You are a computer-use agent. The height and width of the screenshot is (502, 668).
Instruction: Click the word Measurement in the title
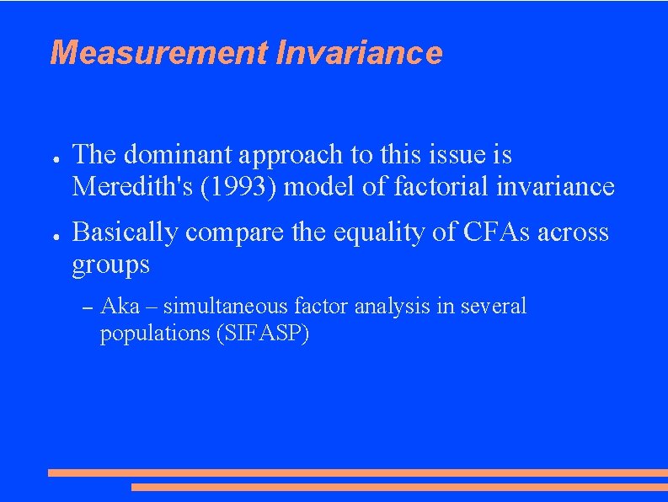tap(158, 52)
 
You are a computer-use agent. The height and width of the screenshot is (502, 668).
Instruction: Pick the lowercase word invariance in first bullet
tap(559, 186)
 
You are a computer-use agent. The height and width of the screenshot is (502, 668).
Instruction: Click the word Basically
tap(125, 232)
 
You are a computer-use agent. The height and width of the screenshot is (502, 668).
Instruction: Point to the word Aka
tap(120, 306)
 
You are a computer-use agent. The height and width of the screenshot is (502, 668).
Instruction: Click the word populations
tap(154, 333)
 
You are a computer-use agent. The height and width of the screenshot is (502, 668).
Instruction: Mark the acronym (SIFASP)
tap(263, 333)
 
